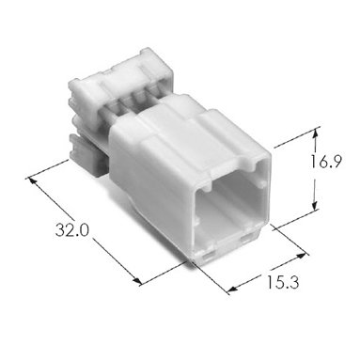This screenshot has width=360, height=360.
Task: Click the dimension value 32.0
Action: [72, 231]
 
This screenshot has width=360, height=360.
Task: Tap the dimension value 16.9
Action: [325, 163]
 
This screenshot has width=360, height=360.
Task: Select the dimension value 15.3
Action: [283, 282]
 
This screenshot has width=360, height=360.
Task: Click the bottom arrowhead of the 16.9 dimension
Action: [315, 206]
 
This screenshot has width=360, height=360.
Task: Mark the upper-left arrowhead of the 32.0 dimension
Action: [32, 181]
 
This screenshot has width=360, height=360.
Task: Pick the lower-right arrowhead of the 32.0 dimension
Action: [137, 280]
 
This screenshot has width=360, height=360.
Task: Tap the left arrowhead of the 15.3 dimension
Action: [233, 290]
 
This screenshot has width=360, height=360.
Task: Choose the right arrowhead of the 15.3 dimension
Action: [301, 257]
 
